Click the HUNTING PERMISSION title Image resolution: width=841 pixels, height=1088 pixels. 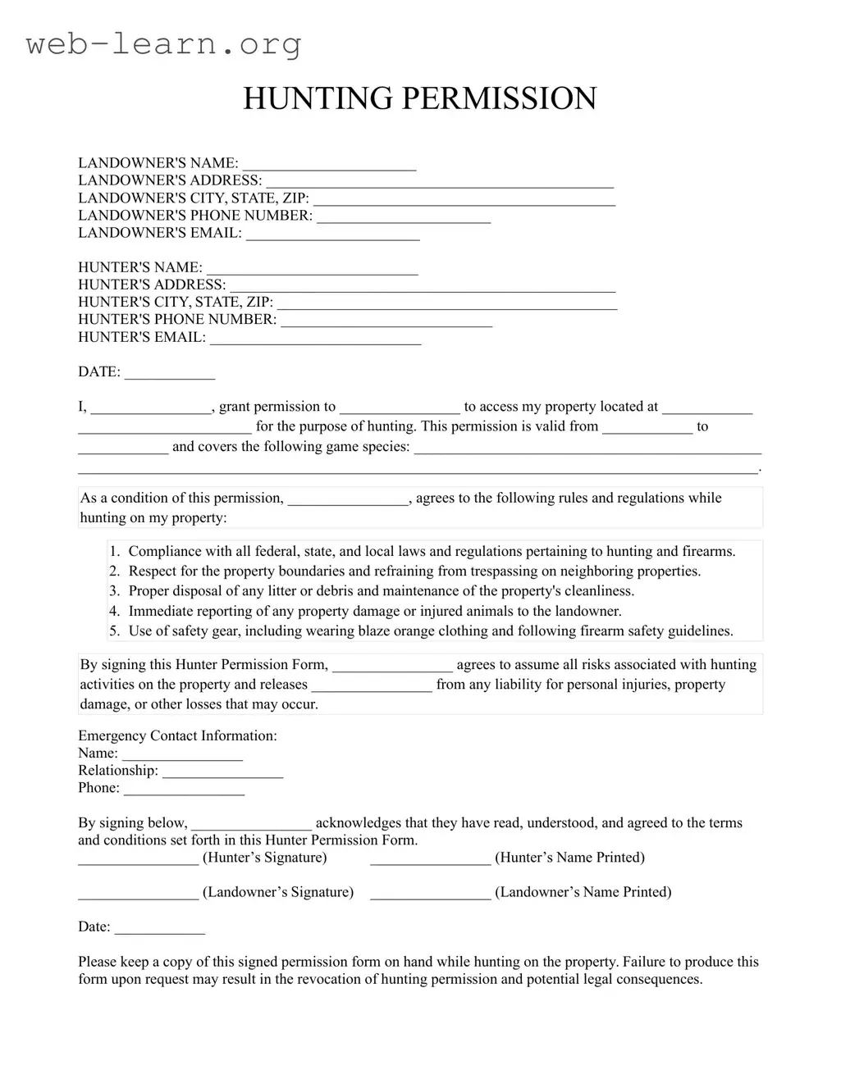pyautogui.click(x=419, y=98)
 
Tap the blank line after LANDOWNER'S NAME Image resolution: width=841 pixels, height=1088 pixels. pyautogui.click(x=329, y=165)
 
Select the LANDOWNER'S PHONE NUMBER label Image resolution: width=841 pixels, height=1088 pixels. pyautogui.click(x=195, y=216)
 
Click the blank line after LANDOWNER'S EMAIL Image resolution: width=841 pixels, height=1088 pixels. pyautogui.click(x=332, y=234)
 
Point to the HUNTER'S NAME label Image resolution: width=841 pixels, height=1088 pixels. pyautogui.click(x=139, y=267)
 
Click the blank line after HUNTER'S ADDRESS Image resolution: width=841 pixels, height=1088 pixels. pyautogui.click(x=422, y=286)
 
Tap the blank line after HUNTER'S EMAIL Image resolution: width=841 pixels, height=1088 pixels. pyautogui.click(x=315, y=339)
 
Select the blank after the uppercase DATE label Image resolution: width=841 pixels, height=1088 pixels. pyautogui.click(x=169, y=373)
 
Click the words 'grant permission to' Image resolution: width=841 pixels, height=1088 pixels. pyautogui.click(x=277, y=407)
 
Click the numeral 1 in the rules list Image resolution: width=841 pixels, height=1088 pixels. pyautogui.click(x=114, y=552)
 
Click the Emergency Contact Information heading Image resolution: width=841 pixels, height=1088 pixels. pyautogui.click(x=177, y=736)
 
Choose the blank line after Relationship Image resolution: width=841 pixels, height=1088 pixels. pyautogui.click(x=222, y=772)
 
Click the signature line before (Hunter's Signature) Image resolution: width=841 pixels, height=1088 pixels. pyautogui.click(x=138, y=859)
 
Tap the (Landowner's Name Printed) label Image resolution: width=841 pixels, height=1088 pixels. pyautogui.click(x=583, y=892)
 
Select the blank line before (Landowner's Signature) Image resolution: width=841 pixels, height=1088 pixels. pyautogui.click(x=138, y=894)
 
